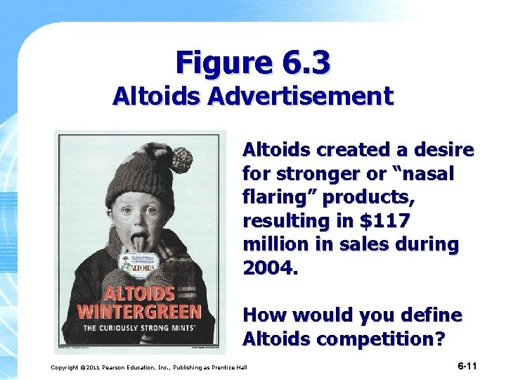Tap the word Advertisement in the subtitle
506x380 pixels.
pos(313,96)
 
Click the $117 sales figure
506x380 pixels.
pos(386,221)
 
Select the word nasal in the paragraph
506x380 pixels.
pos(429,173)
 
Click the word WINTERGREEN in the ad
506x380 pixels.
pos(140,311)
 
